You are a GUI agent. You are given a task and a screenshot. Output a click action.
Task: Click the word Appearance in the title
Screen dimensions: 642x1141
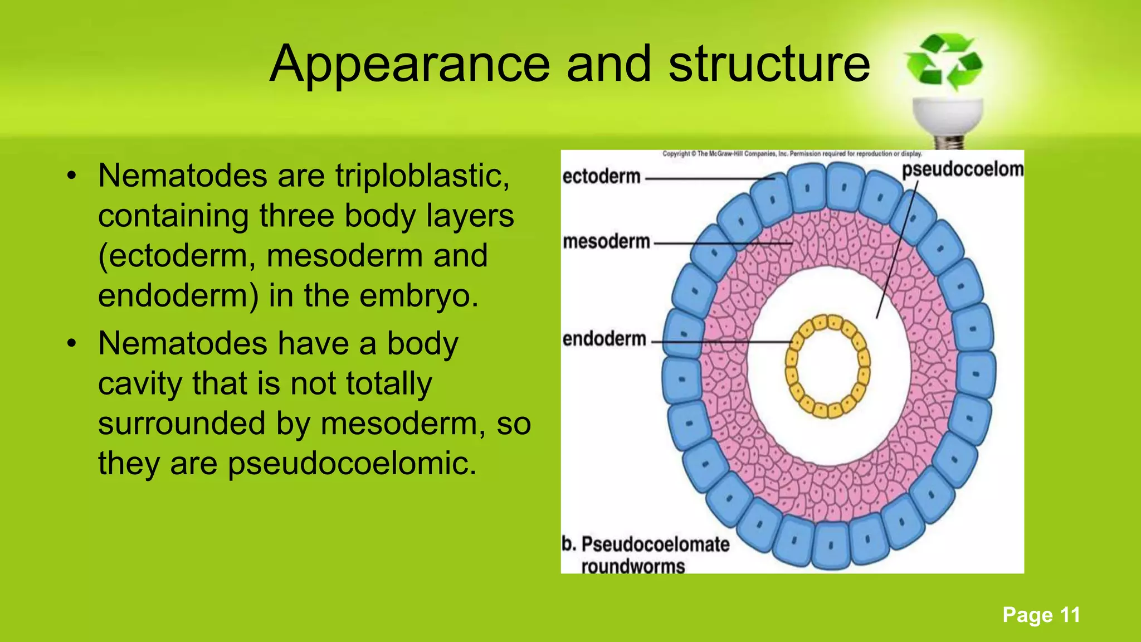pos(409,65)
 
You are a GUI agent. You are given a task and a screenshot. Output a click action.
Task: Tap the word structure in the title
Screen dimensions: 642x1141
pos(769,64)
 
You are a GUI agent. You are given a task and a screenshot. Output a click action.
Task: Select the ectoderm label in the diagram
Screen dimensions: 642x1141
pos(602,177)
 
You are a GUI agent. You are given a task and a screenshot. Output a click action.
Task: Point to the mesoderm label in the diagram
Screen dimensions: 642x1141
pos(606,242)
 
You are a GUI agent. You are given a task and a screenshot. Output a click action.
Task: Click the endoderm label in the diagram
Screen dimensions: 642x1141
pos(604,339)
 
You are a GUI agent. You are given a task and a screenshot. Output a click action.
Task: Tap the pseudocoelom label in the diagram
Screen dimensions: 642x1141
pos(963,169)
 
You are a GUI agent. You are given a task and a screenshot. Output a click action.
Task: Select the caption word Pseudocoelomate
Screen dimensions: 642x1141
pos(655,544)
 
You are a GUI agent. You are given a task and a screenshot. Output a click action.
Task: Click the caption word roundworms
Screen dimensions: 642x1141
pos(633,567)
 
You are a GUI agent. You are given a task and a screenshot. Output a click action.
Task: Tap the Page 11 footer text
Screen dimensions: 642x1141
pos(1041,615)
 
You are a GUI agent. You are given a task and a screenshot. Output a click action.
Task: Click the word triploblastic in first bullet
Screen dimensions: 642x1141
pos(422,177)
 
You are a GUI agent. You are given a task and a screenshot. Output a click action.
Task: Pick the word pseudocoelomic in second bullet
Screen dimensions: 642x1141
pos(352,464)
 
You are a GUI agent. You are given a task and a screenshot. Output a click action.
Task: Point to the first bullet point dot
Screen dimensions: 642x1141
pos(71,177)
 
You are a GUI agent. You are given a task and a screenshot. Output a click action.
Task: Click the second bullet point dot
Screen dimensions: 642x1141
pos(71,344)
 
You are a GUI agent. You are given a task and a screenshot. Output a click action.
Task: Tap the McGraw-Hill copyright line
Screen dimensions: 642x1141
pos(792,154)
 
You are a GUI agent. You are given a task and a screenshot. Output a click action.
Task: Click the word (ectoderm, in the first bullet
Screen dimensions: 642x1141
pos(176,257)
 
